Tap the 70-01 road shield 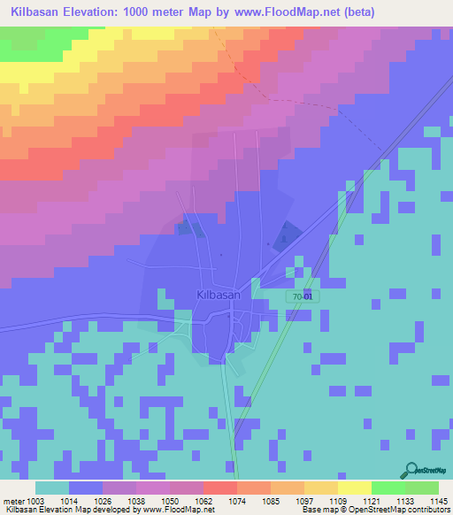(x=302, y=296)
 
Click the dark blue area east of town (x=284, y=234)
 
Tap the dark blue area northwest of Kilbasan (x=188, y=228)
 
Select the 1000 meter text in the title (x=166, y=12)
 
